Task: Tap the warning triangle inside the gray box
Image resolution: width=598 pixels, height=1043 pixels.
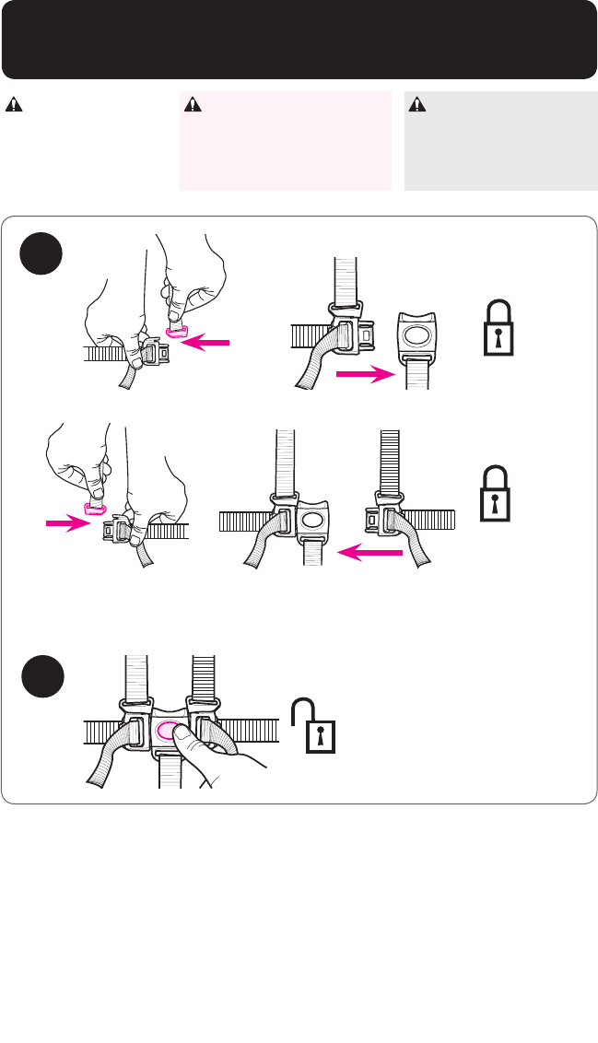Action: [417, 104]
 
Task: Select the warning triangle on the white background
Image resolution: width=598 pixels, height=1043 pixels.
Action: [14, 104]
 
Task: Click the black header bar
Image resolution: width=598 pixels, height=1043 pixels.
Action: [299, 40]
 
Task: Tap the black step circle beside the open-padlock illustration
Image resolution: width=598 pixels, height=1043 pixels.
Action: [44, 676]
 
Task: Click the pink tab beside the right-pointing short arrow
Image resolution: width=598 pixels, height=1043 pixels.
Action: [95, 508]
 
